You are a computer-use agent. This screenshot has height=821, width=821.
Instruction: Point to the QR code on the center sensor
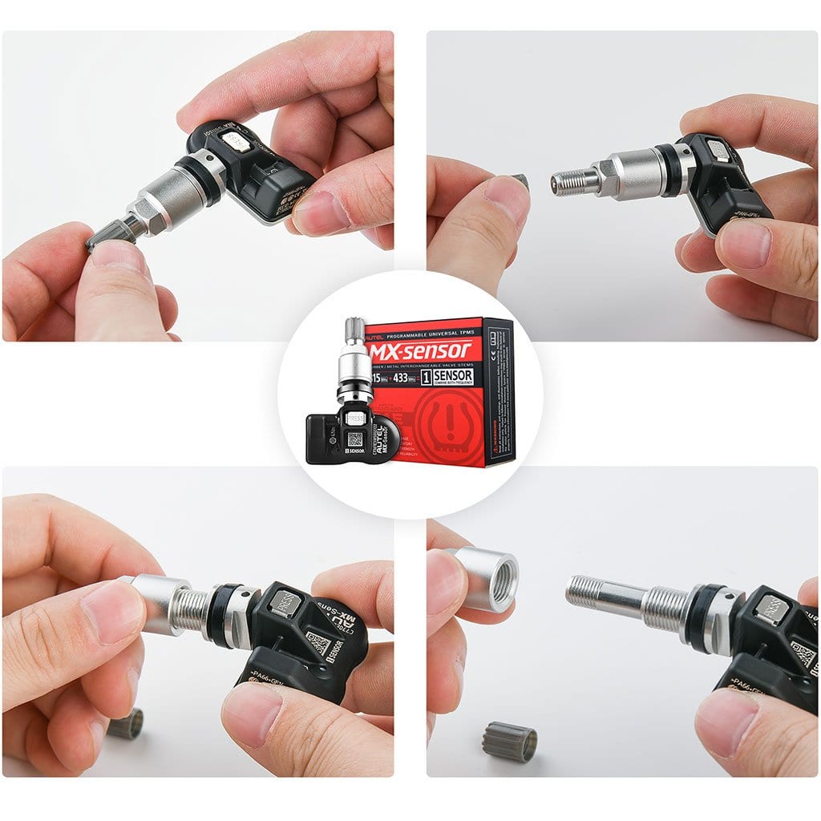355,439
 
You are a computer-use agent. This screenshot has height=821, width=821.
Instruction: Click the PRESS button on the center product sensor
354,418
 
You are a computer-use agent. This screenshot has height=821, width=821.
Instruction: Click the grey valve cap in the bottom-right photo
509,741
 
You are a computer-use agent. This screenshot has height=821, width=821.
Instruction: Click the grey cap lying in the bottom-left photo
126,723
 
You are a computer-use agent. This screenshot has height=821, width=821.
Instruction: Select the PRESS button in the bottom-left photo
285,601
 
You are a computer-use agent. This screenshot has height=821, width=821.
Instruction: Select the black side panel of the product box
498,393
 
